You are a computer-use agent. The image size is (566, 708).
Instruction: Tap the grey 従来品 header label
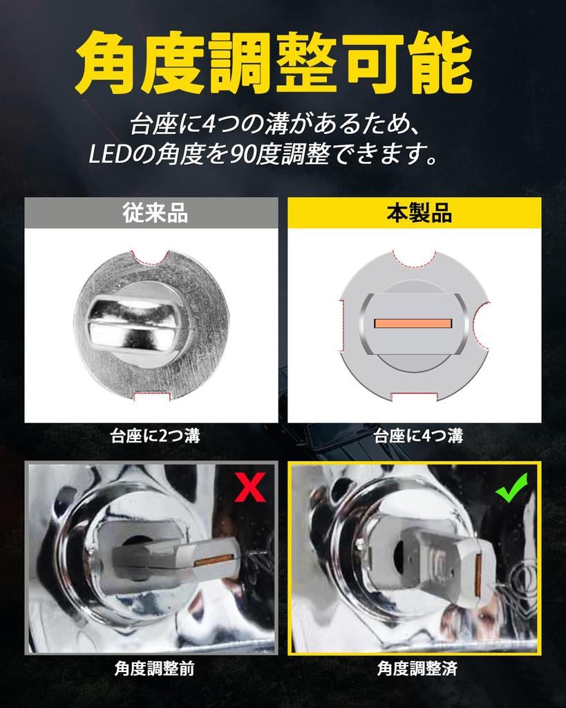(x=151, y=213)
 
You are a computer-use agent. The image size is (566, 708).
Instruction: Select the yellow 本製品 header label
(x=415, y=213)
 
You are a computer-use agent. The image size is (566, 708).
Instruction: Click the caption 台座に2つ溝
(x=151, y=436)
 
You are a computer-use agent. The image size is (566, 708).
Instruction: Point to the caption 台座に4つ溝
(x=415, y=436)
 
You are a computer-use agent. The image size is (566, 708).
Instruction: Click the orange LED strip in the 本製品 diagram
(x=413, y=324)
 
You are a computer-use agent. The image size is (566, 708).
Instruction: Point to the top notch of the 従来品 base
(x=151, y=258)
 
